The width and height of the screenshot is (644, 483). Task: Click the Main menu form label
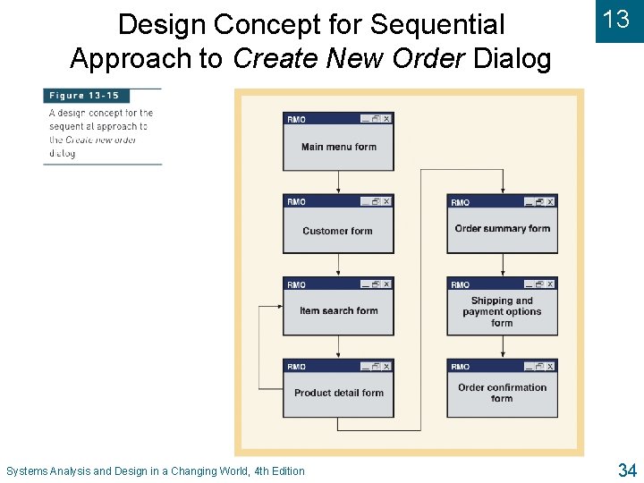[338, 147]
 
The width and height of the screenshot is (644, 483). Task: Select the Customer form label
[337, 231]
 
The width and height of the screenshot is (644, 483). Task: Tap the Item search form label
[338, 310]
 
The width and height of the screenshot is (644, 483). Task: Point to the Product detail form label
[338, 393]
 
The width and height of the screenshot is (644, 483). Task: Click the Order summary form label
[502, 228]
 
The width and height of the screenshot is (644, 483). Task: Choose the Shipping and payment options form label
[502, 311]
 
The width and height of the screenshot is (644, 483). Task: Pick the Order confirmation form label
[502, 393]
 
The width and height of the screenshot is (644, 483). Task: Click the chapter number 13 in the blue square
[616, 20]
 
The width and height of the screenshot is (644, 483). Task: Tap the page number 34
[626, 470]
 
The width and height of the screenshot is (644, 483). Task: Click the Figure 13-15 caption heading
[85, 96]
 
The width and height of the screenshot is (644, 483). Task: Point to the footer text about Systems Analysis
[155, 470]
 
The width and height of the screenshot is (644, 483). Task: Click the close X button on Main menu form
[387, 118]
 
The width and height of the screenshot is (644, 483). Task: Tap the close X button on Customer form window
[387, 201]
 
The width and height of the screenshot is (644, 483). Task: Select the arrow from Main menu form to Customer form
[338, 182]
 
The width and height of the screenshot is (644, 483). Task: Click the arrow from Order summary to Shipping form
[502, 265]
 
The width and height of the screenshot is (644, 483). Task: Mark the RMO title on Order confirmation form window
[460, 367]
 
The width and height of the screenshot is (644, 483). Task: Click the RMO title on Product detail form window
[296, 367]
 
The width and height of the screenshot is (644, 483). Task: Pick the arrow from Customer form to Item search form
[338, 265]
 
